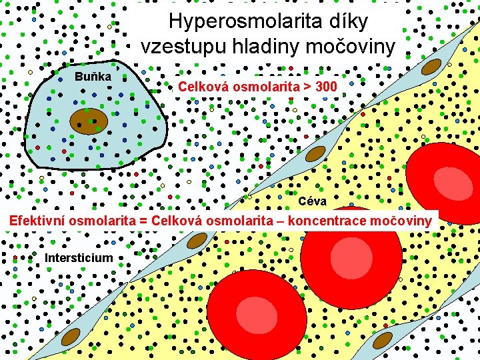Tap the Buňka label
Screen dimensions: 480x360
tap(93, 77)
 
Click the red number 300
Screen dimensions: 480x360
tap(325, 87)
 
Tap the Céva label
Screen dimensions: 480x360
tap(312, 201)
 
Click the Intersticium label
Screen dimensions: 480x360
tap(79, 257)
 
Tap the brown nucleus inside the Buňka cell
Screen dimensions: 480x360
tap(89, 121)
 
